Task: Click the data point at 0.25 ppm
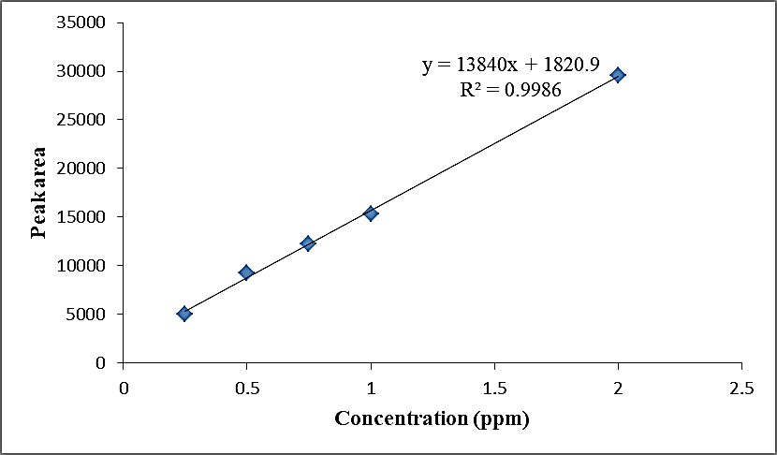[x=184, y=314]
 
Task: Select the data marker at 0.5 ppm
[x=246, y=272]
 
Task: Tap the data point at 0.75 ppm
[x=308, y=243]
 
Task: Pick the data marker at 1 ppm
[x=371, y=213]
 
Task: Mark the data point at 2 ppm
[x=618, y=75]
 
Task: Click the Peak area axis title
[x=38, y=192]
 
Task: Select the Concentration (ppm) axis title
[x=432, y=418]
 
